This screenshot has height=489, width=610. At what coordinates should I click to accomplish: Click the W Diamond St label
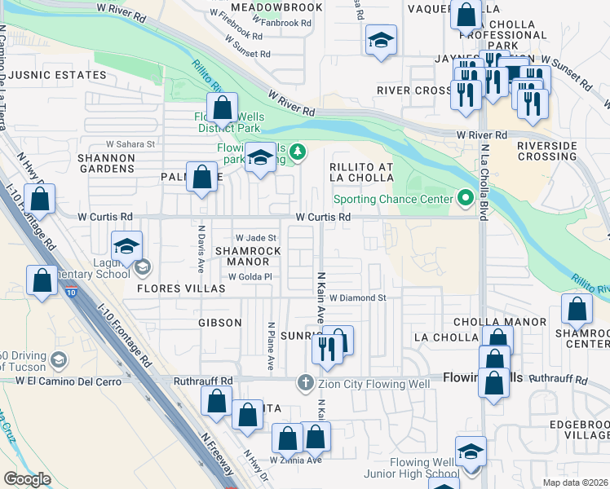click(x=357, y=298)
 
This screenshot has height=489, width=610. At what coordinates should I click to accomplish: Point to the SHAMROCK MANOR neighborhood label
click(x=242, y=256)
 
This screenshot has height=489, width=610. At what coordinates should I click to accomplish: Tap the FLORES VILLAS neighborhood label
click(x=169, y=288)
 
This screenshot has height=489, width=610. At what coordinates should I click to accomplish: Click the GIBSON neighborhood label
click(x=219, y=323)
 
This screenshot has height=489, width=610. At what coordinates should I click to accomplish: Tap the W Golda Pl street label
click(x=249, y=276)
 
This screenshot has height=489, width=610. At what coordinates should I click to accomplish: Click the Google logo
click(x=27, y=479)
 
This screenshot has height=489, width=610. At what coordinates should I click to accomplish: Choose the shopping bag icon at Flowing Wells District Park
click(x=222, y=106)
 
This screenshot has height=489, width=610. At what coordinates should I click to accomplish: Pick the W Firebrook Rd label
click(x=236, y=13)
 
